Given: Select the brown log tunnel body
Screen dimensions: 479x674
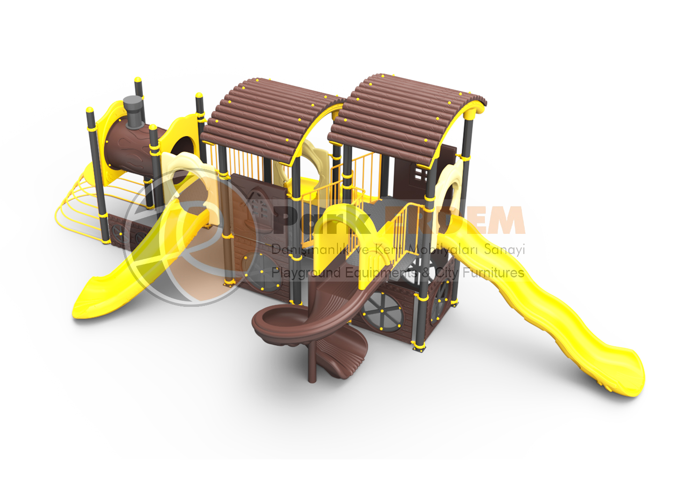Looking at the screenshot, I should pos(129,150).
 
